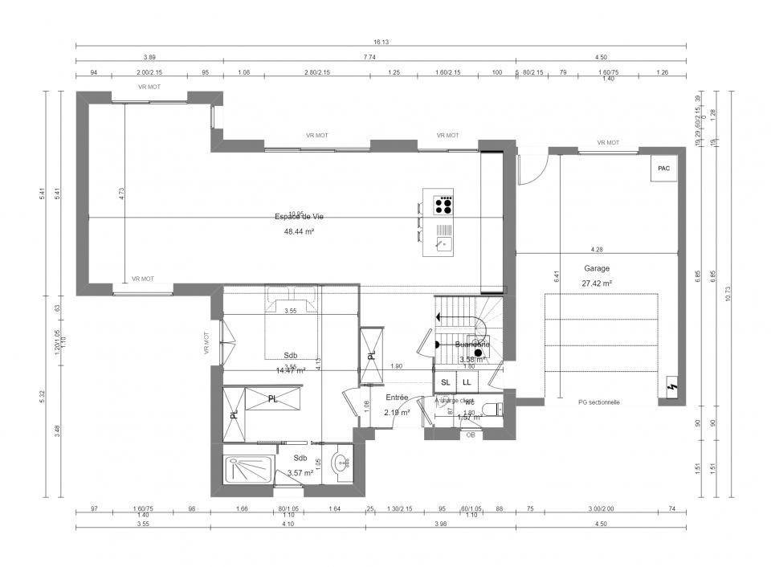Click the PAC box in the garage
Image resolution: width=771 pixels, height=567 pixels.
click(x=663, y=169)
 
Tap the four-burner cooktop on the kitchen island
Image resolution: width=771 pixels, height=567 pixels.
click(x=443, y=206)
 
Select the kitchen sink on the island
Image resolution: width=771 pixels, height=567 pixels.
click(x=443, y=242)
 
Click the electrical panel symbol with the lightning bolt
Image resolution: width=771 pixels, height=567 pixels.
click(x=672, y=390)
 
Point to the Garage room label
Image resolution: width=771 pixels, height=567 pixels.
click(x=596, y=269)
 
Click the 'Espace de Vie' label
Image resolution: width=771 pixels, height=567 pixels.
click(x=299, y=217)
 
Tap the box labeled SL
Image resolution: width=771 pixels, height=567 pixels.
click(x=446, y=383)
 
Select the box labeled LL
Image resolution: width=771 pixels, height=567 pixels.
click(x=467, y=383)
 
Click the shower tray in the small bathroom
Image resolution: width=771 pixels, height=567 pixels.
click(x=247, y=468)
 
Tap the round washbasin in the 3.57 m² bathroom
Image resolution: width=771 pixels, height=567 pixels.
click(x=342, y=463)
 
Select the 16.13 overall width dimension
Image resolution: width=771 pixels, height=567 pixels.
click(x=381, y=42)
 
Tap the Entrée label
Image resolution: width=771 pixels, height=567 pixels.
click(x=397, y=398)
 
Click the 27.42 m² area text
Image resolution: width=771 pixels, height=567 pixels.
click(x=596, y=283)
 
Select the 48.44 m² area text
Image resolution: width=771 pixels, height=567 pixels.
click(x=299, y=231)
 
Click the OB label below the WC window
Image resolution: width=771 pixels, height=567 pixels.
click(x=471, y=435)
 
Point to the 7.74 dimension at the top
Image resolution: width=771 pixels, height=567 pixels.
click(x=369, y=57)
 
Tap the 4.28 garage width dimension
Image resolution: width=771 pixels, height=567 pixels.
click(x=597, y=249)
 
